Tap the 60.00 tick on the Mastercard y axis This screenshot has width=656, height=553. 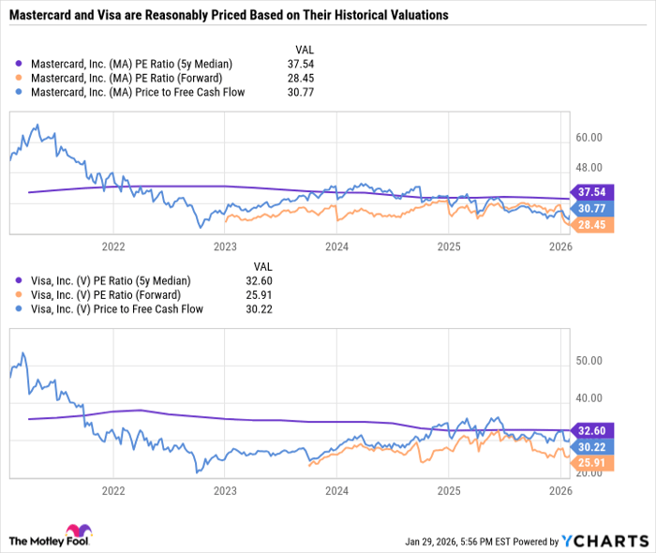(x=589, y=138)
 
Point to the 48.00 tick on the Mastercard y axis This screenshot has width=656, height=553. (x=589, y=168)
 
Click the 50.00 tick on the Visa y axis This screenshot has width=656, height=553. (x=589, y=361)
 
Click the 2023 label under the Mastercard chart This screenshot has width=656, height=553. (x=225, y=247)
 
